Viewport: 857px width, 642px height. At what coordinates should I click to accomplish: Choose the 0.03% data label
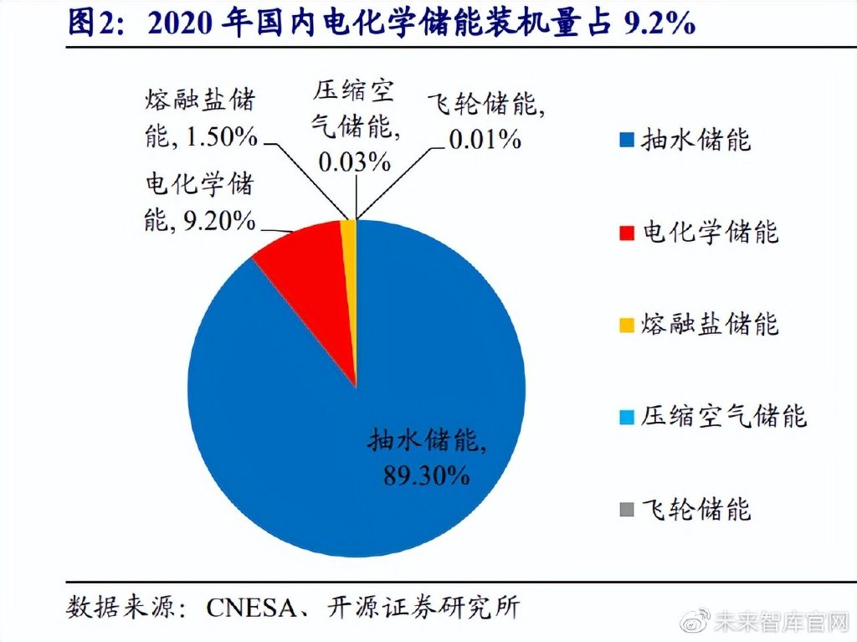354,162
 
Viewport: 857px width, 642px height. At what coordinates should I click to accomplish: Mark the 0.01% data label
485,139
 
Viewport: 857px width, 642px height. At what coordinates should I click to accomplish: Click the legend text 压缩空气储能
725,416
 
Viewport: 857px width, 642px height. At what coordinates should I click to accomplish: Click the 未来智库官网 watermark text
783,621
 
